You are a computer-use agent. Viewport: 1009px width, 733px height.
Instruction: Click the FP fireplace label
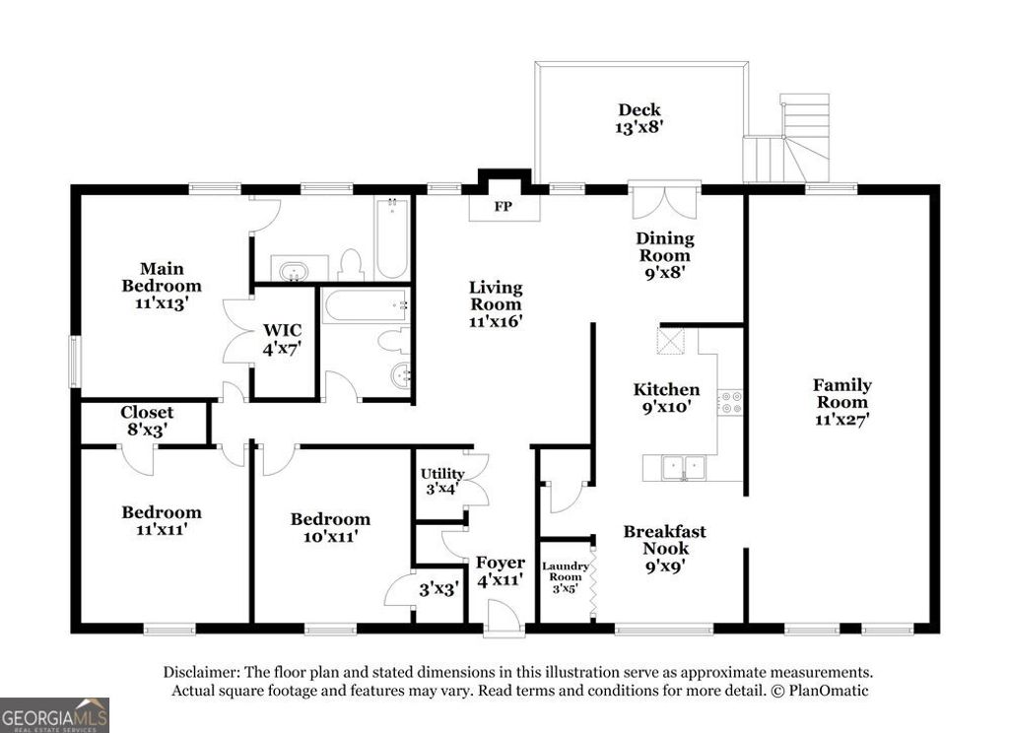504,208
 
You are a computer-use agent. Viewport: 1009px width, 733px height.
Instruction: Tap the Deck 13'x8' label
639,118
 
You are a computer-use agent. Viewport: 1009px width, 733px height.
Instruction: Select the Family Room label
841,401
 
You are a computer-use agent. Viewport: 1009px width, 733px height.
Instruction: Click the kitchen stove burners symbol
730,402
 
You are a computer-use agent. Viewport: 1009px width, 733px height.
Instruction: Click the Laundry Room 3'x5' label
566,576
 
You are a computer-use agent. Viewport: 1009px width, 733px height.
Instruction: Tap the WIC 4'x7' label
281,338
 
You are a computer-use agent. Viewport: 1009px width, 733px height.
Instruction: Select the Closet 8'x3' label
147,421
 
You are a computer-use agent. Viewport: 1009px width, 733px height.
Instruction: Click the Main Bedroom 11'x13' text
162,286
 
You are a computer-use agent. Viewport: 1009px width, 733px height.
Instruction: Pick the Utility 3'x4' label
441,481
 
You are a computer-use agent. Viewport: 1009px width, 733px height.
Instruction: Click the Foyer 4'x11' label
501,571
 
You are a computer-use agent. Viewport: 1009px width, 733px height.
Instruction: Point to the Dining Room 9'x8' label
664,254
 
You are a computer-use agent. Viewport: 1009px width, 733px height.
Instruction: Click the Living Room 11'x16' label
495,303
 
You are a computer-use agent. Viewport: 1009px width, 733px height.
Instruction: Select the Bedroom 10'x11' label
330,527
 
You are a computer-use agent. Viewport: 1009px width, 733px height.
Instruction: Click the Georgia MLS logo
54,714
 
